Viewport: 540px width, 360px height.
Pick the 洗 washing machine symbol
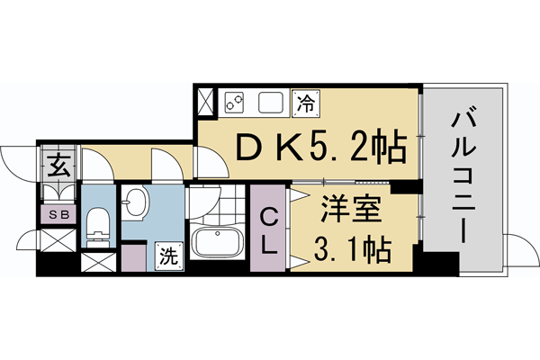pos(166,255)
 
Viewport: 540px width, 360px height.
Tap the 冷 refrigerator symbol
pos(306,102)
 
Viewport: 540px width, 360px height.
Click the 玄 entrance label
pos(58,166)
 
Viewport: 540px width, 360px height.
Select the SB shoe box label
pos(58,214)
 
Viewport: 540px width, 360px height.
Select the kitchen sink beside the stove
pos(272,102)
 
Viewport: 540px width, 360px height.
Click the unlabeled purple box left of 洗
pos(133,257)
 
